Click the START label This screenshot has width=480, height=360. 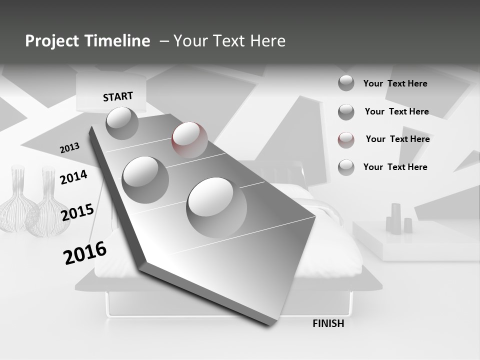coord(118,96)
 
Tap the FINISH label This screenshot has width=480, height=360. coord(328,323)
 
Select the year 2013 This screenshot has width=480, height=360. coord(69,148)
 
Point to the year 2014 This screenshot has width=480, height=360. coord(73,177)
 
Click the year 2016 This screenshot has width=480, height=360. coord(85,252)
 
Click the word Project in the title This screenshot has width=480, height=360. coord(53,41)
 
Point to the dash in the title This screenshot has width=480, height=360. coord(164,41)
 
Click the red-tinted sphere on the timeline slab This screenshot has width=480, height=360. coord(189,140)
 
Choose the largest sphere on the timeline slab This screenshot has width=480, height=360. coord(216,207)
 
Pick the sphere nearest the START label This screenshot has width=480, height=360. coord(122,123)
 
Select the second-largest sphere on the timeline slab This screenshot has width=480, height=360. coord(145,179)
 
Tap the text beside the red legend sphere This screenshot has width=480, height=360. coord(397,139)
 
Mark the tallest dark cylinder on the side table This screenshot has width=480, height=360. coord(395,218)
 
